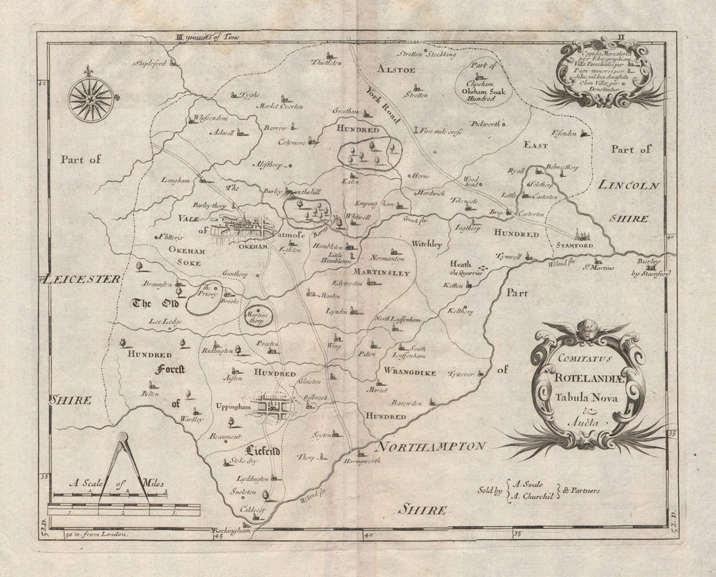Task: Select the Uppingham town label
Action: point(233,406)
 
